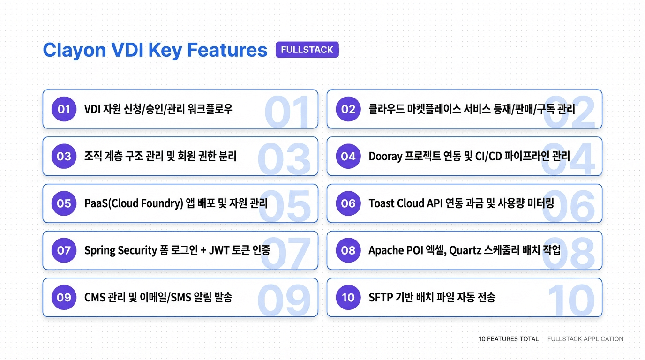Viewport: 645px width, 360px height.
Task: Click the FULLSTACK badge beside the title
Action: click(x=307, y=50)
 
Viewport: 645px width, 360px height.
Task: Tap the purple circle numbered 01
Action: click(x=64, y=109)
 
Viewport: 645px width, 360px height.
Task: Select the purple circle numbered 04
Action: click(x=348, y=156)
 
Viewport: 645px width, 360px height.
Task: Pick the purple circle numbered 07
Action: click(x=64, y=250)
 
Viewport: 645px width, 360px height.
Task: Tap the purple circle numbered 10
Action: click(x=348, y=297)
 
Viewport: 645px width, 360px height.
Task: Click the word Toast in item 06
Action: click(x=381, y=203)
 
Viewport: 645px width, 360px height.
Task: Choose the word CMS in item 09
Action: click(x=95, y=297)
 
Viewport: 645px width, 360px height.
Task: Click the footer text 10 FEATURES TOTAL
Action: click(x=509, y=339)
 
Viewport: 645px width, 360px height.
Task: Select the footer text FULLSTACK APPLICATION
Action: click(x=585, y=339)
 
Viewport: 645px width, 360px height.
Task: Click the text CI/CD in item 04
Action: click(x=488, y=157)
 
